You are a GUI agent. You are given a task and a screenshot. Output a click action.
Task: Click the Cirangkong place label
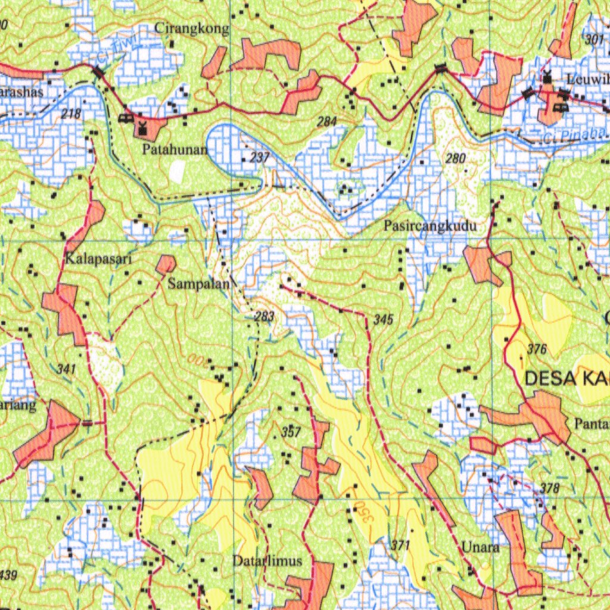(191, 28)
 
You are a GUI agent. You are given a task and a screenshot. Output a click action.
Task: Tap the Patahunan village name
(175, 150)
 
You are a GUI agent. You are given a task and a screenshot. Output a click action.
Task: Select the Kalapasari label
(98, 259)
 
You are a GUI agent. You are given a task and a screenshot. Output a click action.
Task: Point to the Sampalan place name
(198, 284)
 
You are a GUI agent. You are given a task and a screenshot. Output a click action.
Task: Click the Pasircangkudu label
(430, 226)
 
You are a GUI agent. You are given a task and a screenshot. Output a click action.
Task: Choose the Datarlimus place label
(267, 561)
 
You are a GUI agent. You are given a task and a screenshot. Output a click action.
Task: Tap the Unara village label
(480, 547)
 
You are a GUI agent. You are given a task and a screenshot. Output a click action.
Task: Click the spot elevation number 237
(260, 158)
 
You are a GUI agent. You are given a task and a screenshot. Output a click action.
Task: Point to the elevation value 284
(327, 122)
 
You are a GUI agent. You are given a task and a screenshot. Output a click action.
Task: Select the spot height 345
(384, 320)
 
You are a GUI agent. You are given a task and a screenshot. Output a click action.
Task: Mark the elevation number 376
(537, 350)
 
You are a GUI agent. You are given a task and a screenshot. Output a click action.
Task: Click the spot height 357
(291, 432)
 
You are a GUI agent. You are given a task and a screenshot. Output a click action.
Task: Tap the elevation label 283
(264, 316)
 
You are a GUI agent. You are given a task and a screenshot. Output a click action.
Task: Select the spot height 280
(456, 158)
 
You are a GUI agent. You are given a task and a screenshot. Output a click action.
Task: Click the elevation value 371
(401, 545)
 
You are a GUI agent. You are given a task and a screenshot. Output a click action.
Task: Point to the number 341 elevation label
(67, 369)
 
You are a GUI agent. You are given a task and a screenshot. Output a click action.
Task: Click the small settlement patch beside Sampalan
(166, 264)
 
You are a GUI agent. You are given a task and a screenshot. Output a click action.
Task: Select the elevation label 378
(550, 488)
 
